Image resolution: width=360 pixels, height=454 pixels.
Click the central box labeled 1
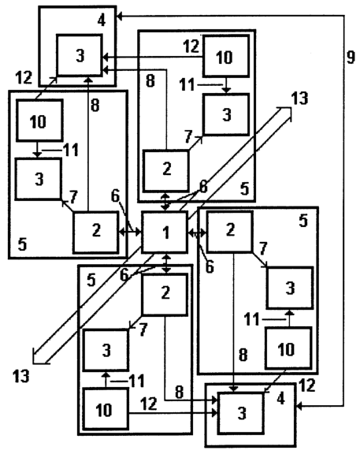[165, 233]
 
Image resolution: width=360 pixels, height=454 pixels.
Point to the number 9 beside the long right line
[351, 57]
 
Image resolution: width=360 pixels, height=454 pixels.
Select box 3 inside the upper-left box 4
[80, 55]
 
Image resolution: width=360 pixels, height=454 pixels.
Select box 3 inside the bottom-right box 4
[241, 413]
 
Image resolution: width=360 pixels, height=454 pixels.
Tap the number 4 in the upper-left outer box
[102, 20]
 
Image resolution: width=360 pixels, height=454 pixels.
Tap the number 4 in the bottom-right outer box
[281, 399]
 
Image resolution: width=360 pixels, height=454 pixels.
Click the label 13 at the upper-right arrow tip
[299, 99]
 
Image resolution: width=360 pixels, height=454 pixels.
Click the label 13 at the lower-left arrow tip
[20, 376]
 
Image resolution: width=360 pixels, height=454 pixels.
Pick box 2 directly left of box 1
[96, 233]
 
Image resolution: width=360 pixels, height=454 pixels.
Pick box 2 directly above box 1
[165, 171]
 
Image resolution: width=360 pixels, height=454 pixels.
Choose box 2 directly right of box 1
[230, 232]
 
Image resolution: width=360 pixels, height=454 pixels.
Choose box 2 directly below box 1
[165, 294]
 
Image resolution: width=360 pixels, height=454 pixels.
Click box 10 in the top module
[226, 56]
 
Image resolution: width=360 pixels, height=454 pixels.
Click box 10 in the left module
[39, 121]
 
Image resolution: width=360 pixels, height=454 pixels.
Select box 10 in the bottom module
[106, 409]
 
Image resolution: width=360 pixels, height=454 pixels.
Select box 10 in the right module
[288, 348]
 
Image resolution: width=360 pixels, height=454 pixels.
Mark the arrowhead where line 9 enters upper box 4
[120, 17]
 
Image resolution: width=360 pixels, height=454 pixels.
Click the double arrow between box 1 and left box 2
[130, 232]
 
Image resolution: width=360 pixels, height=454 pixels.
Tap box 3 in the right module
[290, 288]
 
